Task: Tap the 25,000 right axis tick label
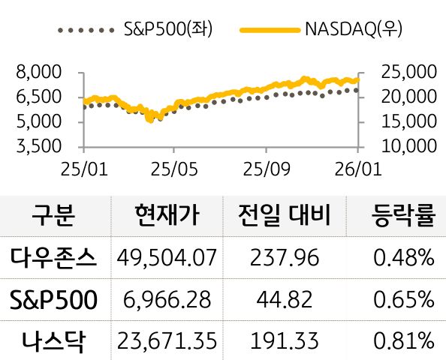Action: (x=409, y=73)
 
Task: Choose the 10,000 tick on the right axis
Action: (x=409, y=145)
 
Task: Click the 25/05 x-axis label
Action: (x=173, y=170)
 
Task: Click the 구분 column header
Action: (x=53, y=217)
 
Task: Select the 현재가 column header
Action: (x=166, y=217)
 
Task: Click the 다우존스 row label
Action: (x=53, y=258)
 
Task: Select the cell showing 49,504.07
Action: (x=167, y=259)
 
